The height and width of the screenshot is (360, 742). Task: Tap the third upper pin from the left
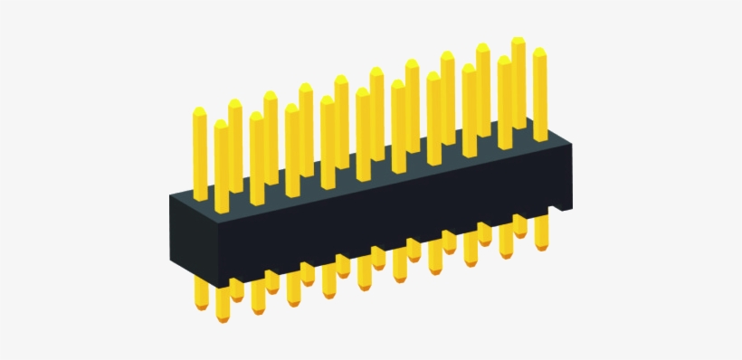(x=235, y=145)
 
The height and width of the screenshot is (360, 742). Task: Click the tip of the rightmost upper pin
(x=539, y=52)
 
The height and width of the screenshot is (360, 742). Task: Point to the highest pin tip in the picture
(x=518, y=41)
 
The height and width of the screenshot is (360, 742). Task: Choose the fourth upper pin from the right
(x=483, y=90)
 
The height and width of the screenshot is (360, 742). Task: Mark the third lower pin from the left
(x=236, y=289)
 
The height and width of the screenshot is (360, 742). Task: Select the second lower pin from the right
(x=519, y=226)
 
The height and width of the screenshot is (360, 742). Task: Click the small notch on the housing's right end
(x=565, y=209)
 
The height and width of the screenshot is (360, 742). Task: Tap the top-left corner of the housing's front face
(x=172, y=194)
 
